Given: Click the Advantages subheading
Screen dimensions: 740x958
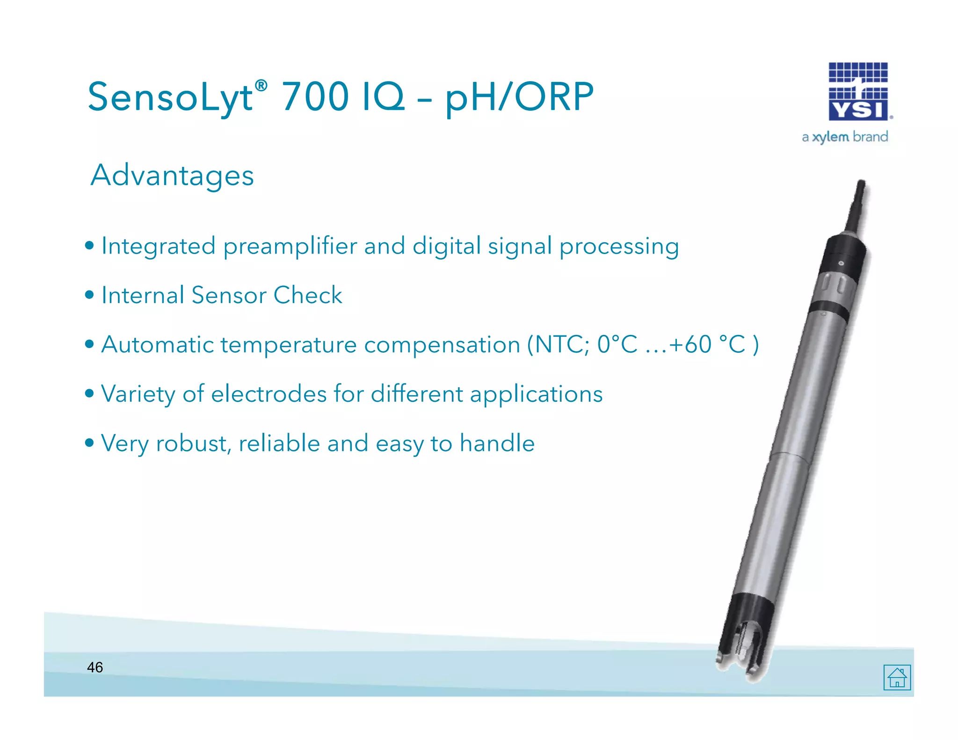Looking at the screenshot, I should pyautogui.click(x=172, y=175).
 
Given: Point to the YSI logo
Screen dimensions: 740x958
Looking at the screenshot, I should pyautogui.click(x=858, y=92).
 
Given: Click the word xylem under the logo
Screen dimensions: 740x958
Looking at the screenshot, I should pyautogui.click(x=830, y=137).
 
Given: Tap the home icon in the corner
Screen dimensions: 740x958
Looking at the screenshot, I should pyautogui.click(x=897, y=677).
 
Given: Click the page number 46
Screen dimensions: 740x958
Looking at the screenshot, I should pyautogui.click(x=95, y=667).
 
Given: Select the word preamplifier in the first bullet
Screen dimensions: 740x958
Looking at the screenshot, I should pyautogui.click(x=290, y=246).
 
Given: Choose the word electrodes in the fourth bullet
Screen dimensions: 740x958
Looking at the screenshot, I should pyautogui.click(x=269, y=394).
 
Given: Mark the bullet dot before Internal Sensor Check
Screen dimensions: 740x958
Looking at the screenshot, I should pyautogui.click(x=89, y=295).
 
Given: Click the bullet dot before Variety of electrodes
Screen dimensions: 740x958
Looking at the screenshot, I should pyautogui.click(x=89, y=394).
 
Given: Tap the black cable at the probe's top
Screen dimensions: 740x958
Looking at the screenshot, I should pyautogui.click(x=856, y=206).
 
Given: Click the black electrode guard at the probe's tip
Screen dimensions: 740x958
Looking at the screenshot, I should pyautogui.click(x=744, y=636).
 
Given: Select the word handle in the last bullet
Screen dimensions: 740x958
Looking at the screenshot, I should pyautogui.click(x=497, y=443).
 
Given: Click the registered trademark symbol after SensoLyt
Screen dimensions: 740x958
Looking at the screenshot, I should pyautogui.click(x=261, y=86).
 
